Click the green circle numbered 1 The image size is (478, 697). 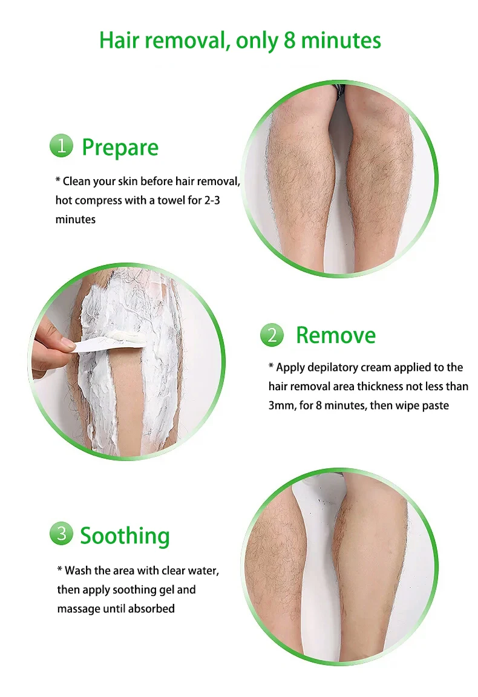[x=61, y=145]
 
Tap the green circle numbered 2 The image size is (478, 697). [x=272, y=335]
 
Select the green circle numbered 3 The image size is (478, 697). [x=61, y=534]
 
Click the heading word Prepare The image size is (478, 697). [x=120, y=148]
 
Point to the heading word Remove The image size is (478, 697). [x=336, y=335]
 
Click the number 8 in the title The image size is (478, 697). [x=289, y=40]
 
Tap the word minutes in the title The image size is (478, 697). [x=341, y=40]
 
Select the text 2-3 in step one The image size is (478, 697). [x=212, y=200]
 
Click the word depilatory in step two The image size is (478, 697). [x=332, y=368]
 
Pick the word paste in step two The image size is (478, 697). [x=435, y=406]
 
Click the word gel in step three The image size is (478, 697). [x=166, y=590]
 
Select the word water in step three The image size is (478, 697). [x=203, y=571]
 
